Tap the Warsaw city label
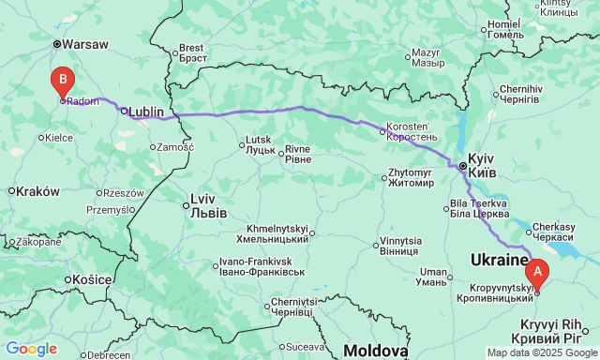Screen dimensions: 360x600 click(85, 43)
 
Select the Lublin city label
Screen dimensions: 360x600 click(145, 111)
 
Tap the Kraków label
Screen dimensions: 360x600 click(37, 190)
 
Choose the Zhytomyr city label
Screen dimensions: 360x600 click(417, 178)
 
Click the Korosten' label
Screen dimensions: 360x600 click(409, 131)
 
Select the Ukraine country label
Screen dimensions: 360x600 click(496, 260)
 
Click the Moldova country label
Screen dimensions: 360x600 click(375, 351)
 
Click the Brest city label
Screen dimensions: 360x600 click(191, 52)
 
